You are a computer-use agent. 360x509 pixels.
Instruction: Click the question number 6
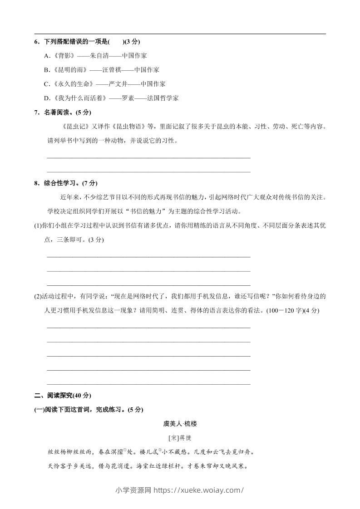37,42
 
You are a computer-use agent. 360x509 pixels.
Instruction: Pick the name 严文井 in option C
118,84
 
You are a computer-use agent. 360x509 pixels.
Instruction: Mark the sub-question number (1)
38,225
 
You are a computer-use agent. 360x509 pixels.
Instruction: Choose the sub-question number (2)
38,297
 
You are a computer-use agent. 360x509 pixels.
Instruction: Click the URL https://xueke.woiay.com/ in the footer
199,490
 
